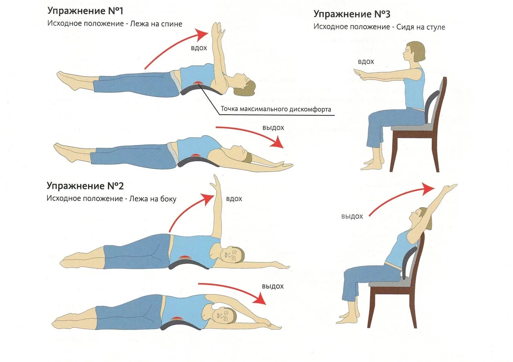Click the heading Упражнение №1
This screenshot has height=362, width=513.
[85, 11]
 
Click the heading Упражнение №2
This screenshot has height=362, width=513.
[85, 186]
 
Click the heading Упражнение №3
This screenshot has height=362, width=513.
[352, 14]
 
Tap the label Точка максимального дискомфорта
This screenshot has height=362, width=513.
[276, 109]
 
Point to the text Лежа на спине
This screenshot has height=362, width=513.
[156, 24]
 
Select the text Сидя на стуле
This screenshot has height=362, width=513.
[421, 27]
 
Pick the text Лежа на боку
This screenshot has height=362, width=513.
[152, 199]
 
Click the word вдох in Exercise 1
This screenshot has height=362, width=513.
[199, 48]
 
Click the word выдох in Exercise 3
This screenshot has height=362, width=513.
[352, 217]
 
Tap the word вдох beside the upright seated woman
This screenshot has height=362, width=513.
[366, 62]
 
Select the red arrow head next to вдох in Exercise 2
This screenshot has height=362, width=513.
[208, 199]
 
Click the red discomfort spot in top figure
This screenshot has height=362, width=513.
[198, 83]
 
